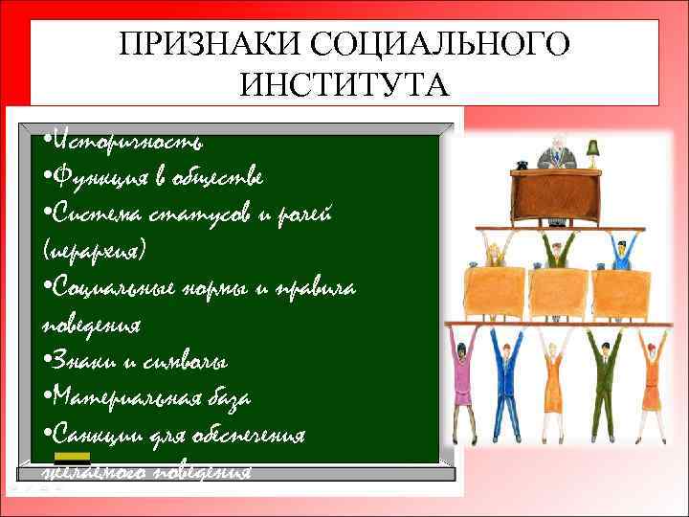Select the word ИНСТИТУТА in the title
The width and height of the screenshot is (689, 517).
pyautogui.click(x=344, y=85)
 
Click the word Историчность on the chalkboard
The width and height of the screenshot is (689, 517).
pyautogui.click(x=129, y=142)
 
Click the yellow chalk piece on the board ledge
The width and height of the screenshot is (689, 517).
pyautogui.click(x=72, y=458)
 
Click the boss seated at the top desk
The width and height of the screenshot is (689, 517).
pyautogui.click(x=556, y=153)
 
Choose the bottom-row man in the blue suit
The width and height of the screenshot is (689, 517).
pyautogui.click(x=507, y=383)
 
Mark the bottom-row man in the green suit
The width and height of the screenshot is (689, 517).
pyautogui.click(x=603, y=383)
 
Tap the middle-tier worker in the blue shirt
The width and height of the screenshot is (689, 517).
pyautogui.click(x=620, y=254)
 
